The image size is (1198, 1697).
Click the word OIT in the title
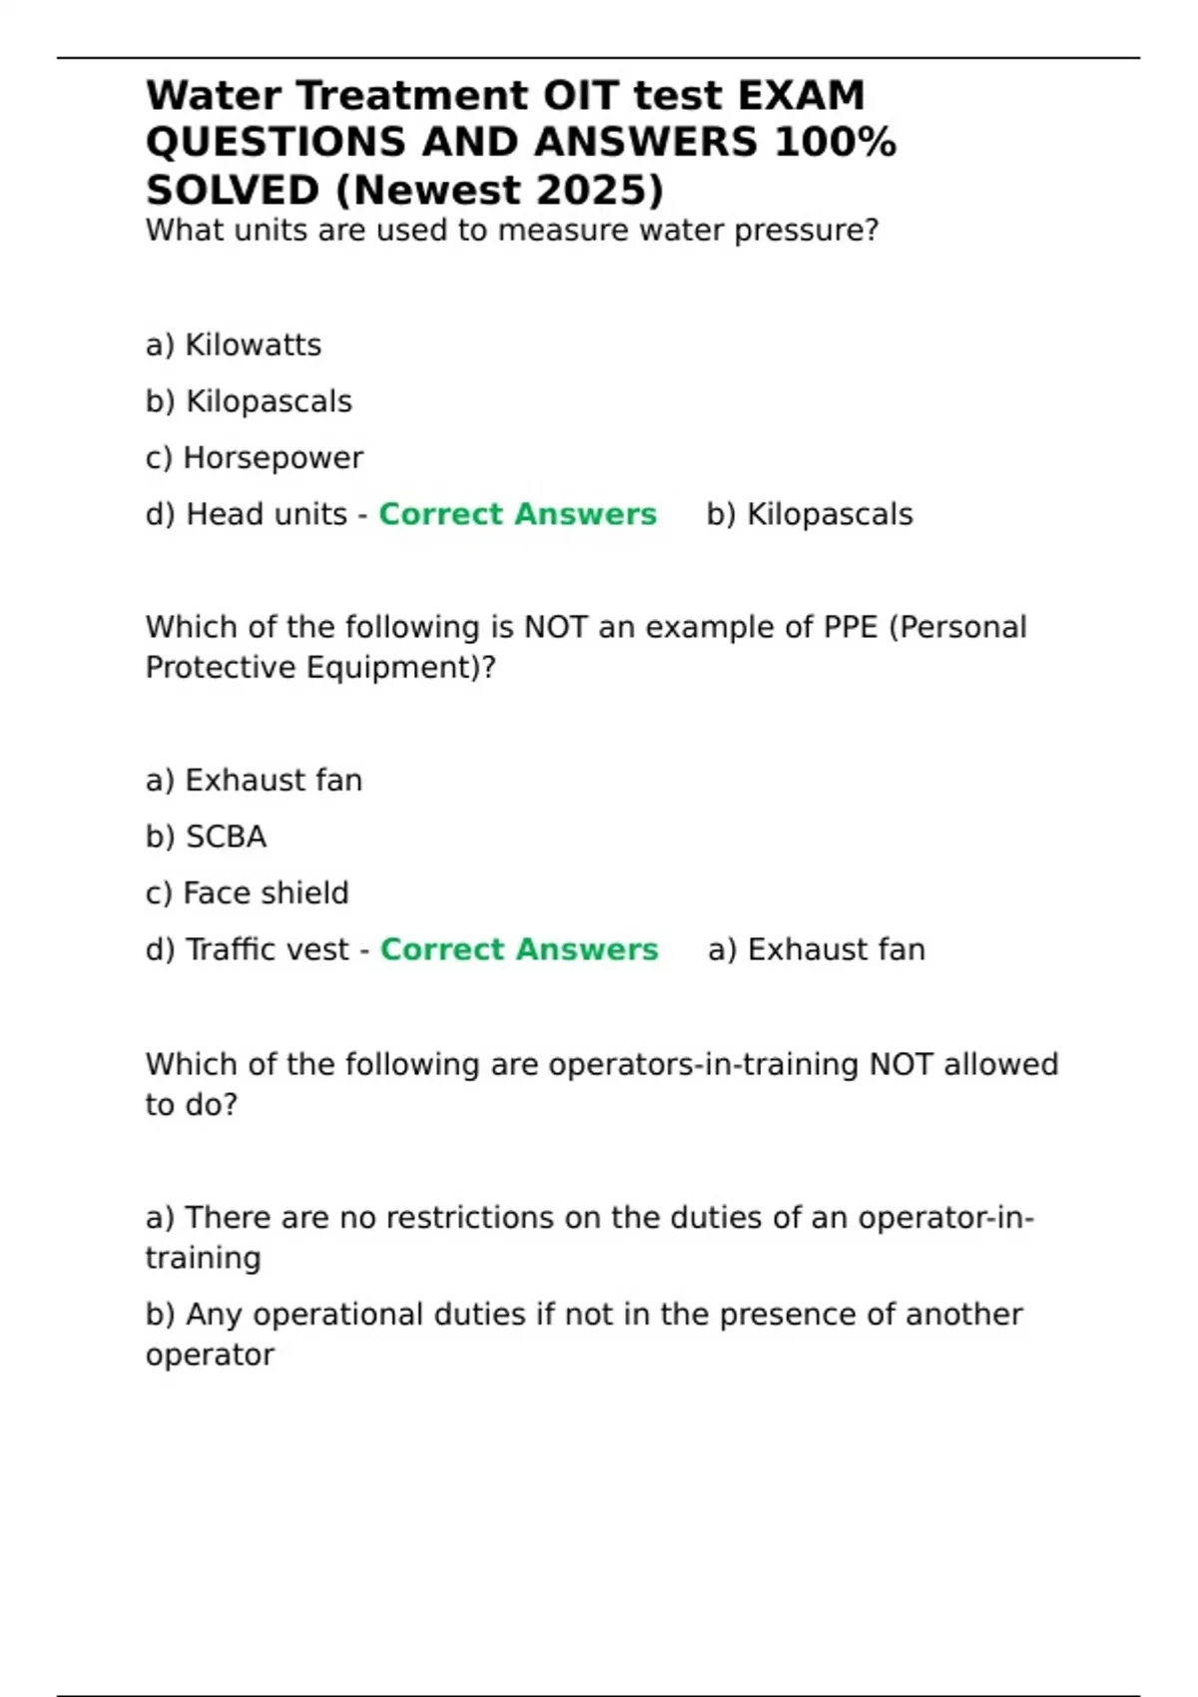[582, 96]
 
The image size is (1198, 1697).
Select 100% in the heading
[836, 142]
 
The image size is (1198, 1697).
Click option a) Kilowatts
[234, 345]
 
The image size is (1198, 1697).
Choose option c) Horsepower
[255, 458]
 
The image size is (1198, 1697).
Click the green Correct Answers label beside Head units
[518, 514]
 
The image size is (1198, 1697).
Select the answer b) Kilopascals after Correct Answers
[810, 514]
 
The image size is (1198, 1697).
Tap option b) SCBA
[207, 837]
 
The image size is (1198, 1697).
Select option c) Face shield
[248, 892]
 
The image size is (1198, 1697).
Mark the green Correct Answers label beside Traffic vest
[519, 949]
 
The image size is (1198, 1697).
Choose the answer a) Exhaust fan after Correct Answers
[817, 949]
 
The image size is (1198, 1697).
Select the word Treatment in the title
[412, 96]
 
